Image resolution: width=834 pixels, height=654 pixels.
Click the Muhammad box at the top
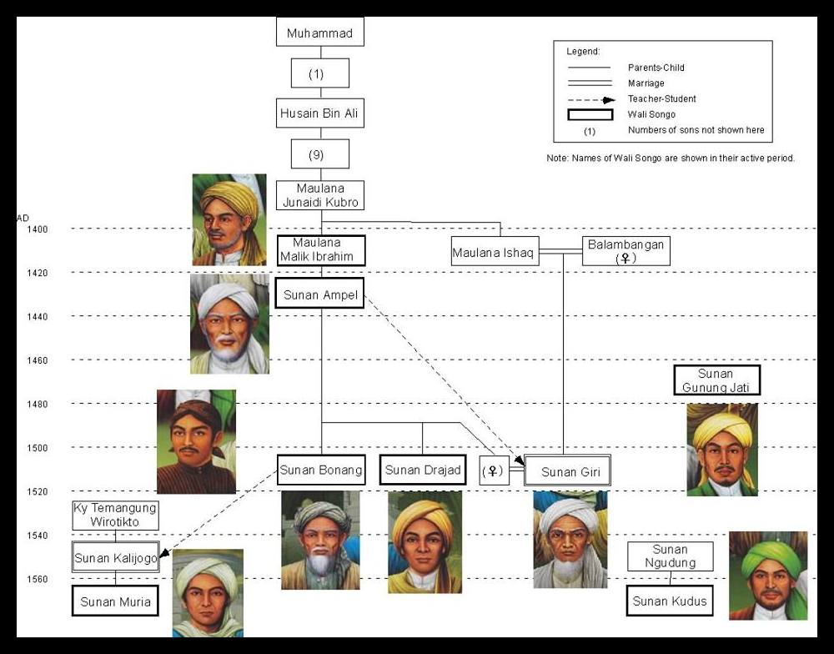click(319, 33)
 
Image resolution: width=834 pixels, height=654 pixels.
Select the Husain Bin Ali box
click(319, 113)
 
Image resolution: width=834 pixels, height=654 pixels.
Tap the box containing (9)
click(319, 154)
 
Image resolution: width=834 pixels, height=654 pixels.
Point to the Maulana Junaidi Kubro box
click(319, 195)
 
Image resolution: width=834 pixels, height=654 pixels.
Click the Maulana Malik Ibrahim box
click(321, 249)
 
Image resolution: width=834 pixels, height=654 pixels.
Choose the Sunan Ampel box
click(321, 294)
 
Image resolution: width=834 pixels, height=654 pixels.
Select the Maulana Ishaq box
click(495, 252)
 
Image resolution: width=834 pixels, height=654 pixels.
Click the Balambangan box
click(625, 251)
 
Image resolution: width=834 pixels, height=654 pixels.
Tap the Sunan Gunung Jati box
click(716, 380)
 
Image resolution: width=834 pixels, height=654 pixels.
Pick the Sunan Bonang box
click(321, 470)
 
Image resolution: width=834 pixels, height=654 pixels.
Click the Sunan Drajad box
click(422, 470)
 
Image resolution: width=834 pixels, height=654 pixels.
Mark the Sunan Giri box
click(570, 472)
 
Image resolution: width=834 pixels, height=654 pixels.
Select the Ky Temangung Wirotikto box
click(115, 516)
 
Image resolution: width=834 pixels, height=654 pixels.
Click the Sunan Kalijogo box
click(115, 558)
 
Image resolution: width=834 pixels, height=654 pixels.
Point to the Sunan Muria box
click(115, 601)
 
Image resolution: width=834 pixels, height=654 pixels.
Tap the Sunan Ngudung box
click(670, 556)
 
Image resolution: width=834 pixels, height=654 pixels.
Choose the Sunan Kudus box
click(670, 601)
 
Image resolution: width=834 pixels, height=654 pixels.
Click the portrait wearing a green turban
click(768, 576)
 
